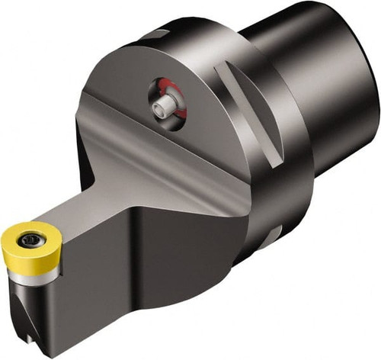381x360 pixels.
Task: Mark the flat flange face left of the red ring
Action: (122, 92)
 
